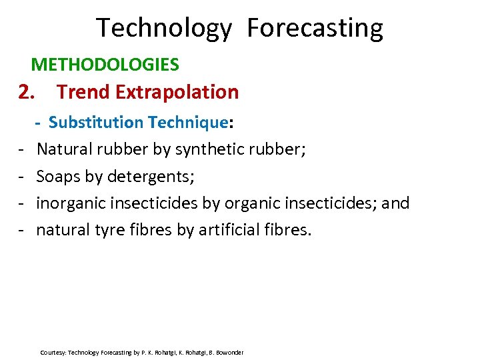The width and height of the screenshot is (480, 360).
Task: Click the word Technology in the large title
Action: [164, 29]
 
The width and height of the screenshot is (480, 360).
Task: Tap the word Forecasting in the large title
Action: [315, 29]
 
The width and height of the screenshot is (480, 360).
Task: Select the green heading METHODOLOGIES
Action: [105, 65]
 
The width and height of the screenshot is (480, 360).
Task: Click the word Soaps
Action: [58, 177]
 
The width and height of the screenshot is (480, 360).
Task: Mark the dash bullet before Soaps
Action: [22, 177]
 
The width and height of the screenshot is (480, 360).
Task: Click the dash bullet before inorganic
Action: [22, 203]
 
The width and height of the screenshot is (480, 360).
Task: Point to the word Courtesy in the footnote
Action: [53, 352]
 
